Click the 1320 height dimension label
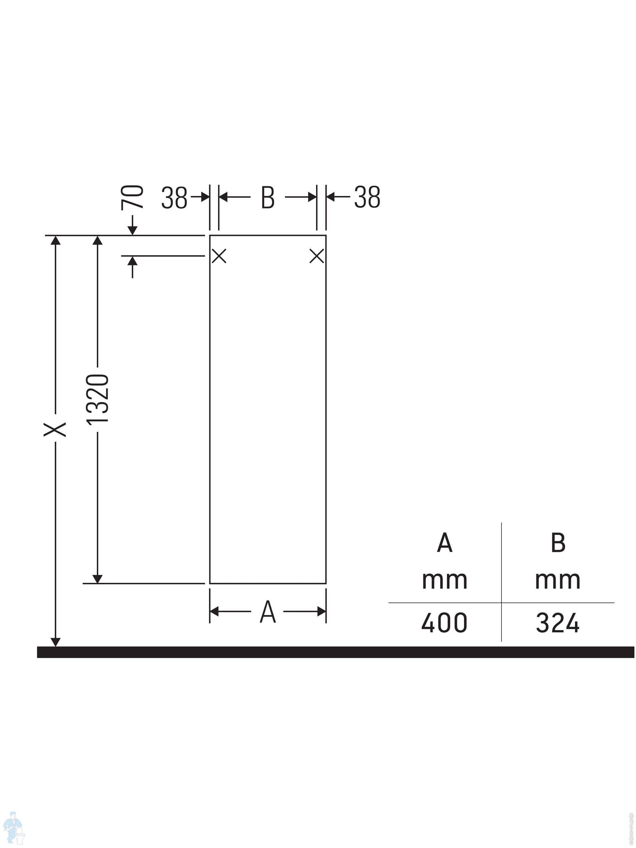click(97, 399)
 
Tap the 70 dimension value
click(132, 198)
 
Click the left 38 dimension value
click(174, 198)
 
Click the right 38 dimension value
click(367, 198)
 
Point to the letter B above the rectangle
click(267, 198)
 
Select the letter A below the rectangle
click(267, 612)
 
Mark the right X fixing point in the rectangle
click(317, 256)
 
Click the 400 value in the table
click(444, 623)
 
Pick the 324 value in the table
click(557, 623)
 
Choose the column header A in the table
click(444, 543)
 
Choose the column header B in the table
click(558, 543)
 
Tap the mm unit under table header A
click(444, 580)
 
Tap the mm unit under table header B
click(557, 580)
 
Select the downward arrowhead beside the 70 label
click(132, 230)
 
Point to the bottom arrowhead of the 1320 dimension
click(97, 579)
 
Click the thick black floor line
click(335, 652)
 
